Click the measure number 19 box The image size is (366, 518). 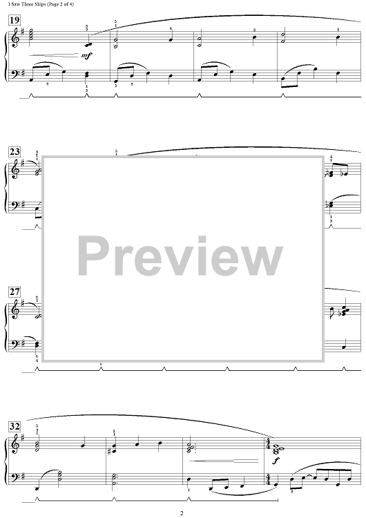point(15,21)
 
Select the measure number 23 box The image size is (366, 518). point(15,153)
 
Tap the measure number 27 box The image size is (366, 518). point(15,292)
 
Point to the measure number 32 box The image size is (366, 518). point(15,427)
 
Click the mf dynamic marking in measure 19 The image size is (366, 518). point(86,56)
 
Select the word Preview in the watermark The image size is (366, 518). point(180,257)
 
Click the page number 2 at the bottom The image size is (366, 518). point(182,513)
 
